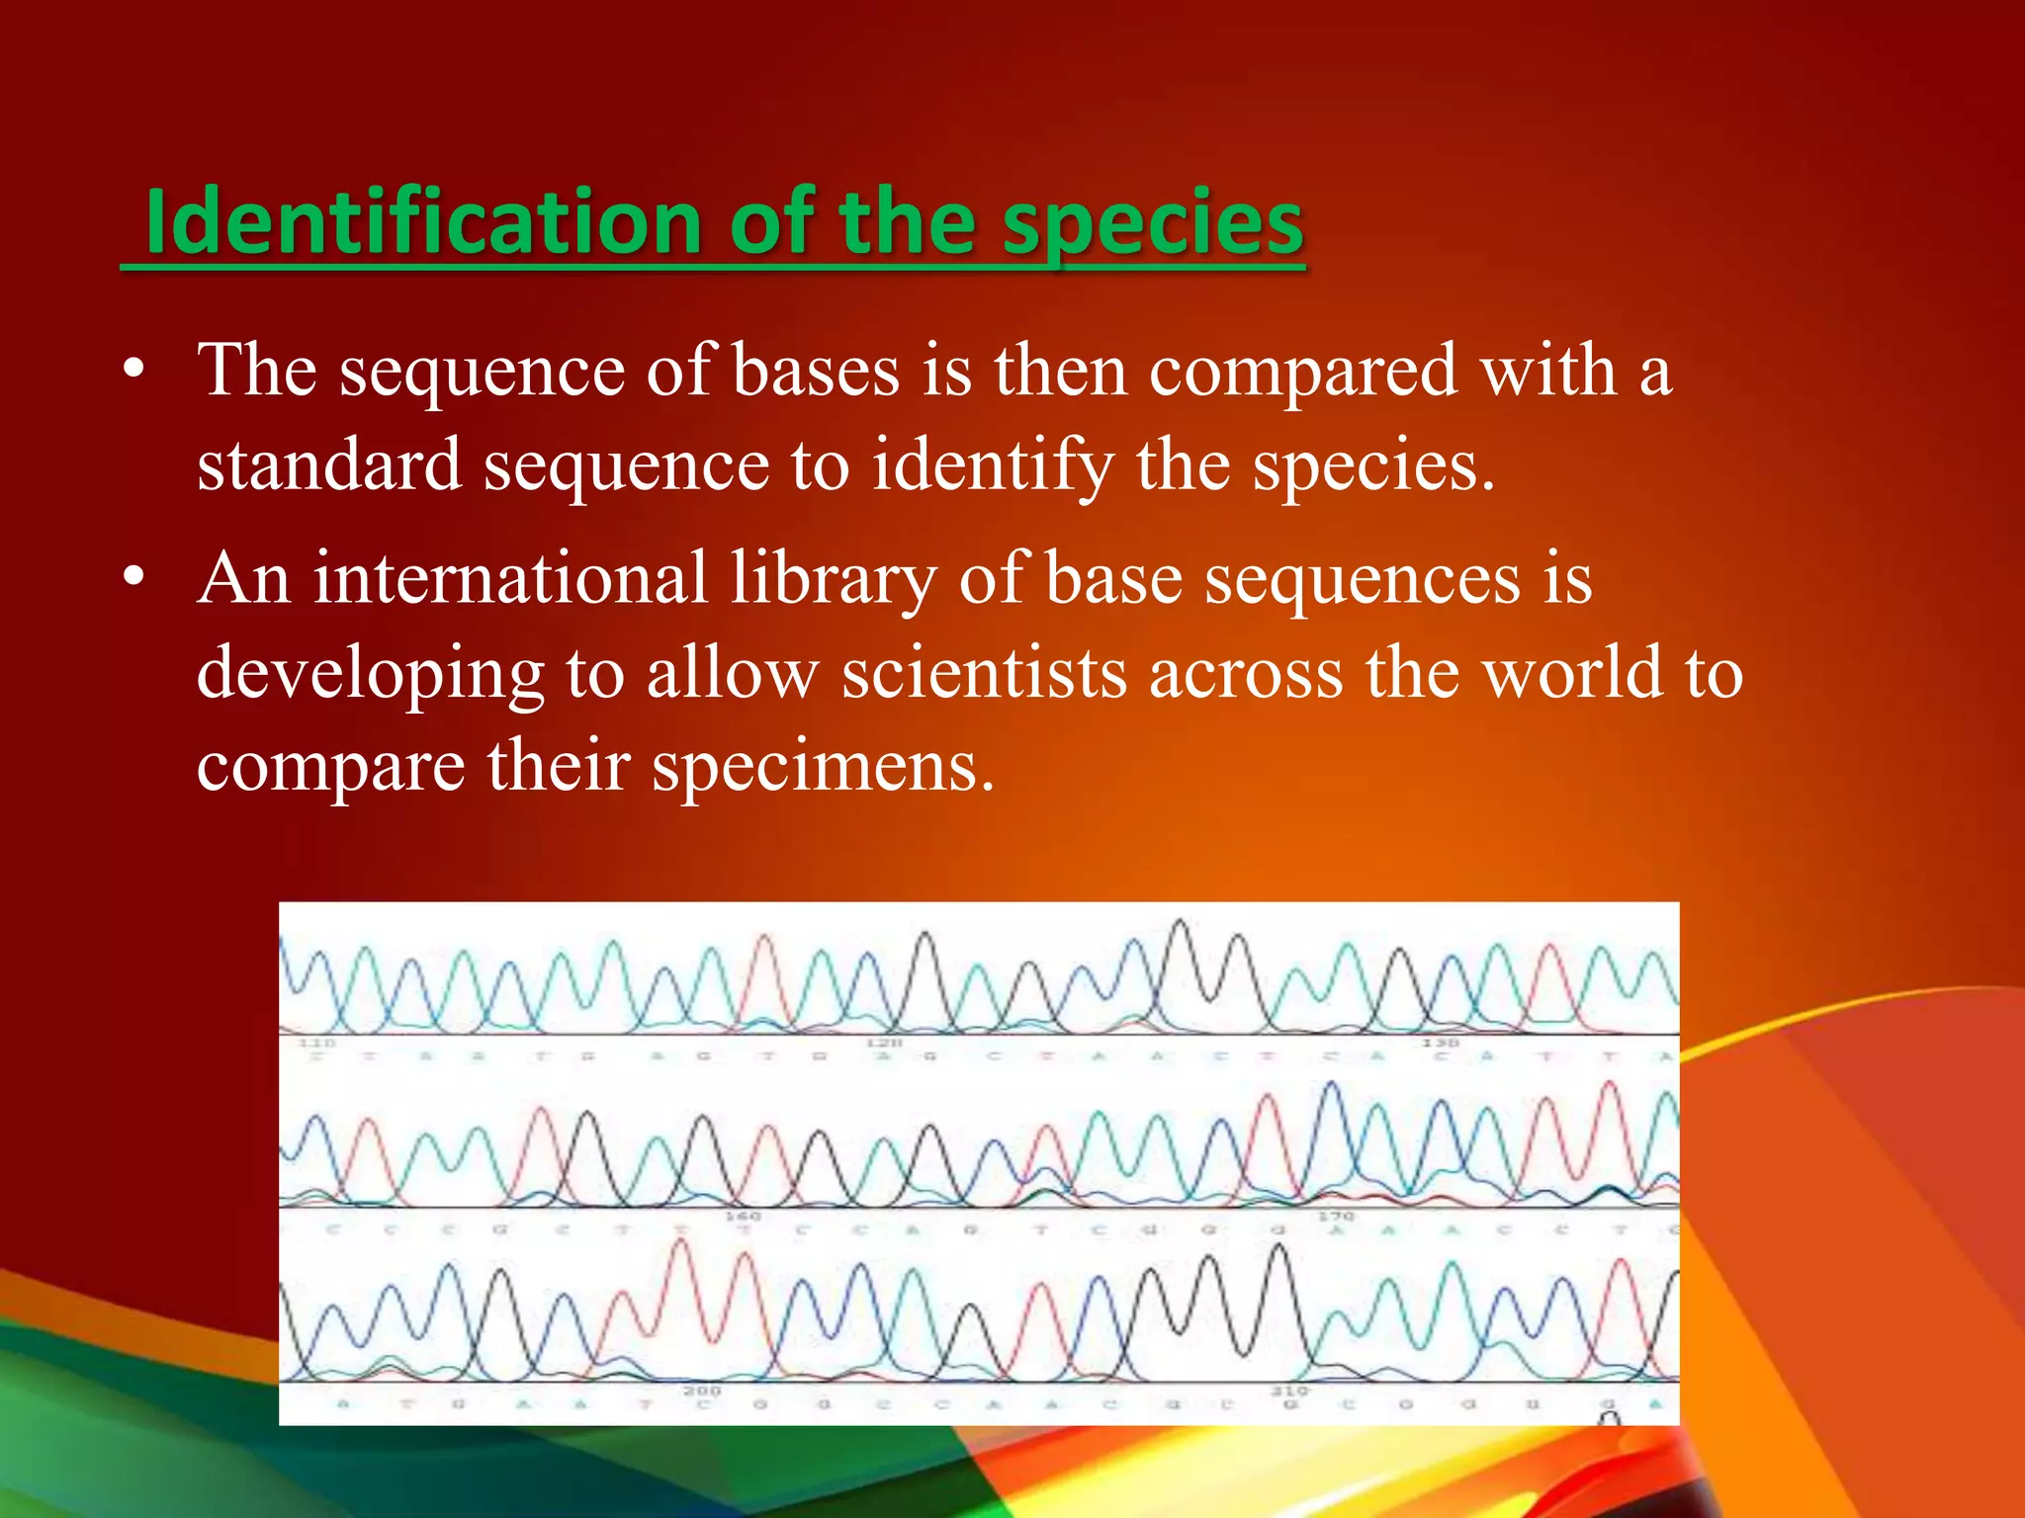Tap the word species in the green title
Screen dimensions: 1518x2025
click(1152, 225)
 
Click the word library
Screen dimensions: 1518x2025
click(833, 580)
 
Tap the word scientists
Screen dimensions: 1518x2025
click(984, 673)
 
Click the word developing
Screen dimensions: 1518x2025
click(370, 675)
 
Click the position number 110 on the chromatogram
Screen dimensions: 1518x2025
click(317, 1044)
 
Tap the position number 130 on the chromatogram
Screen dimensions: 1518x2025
click(1440, 1044)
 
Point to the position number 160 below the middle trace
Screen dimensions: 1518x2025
click(743, 1217)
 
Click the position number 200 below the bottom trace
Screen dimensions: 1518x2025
click(702, 1391)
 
